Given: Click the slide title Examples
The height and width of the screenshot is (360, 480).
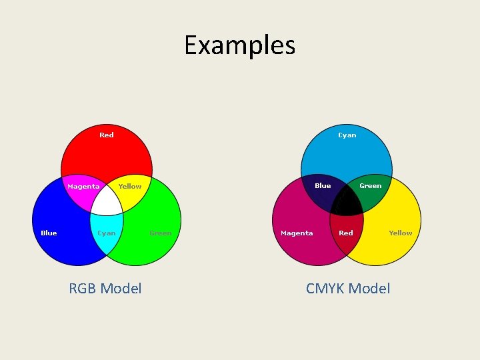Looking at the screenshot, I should tap(239, 45).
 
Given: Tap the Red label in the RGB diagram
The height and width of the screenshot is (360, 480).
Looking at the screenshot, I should tap(107, 135).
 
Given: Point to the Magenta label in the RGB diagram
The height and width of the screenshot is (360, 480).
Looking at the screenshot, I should tap(83, 187).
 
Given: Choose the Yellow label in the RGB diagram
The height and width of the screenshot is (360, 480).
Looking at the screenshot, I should tap(130, 187).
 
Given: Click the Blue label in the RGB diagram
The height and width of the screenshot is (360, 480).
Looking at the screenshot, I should tap(49, 233).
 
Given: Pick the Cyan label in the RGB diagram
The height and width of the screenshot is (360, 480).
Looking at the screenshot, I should tap(107, 233).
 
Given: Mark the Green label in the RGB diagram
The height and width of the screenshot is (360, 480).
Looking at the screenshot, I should tap(160, 233).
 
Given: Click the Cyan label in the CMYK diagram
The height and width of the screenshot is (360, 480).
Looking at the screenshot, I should tap(347, 135).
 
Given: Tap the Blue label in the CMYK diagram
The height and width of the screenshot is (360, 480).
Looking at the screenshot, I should tap(323, 186).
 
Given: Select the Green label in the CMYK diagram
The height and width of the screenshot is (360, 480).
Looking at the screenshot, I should tap(371, 186).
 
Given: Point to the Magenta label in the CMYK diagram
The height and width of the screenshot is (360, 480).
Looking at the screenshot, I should tap(297, 233).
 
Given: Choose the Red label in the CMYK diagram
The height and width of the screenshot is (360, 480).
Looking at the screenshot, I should tap(346, 233).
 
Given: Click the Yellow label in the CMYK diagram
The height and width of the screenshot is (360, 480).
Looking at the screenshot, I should tap(401, 233).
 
